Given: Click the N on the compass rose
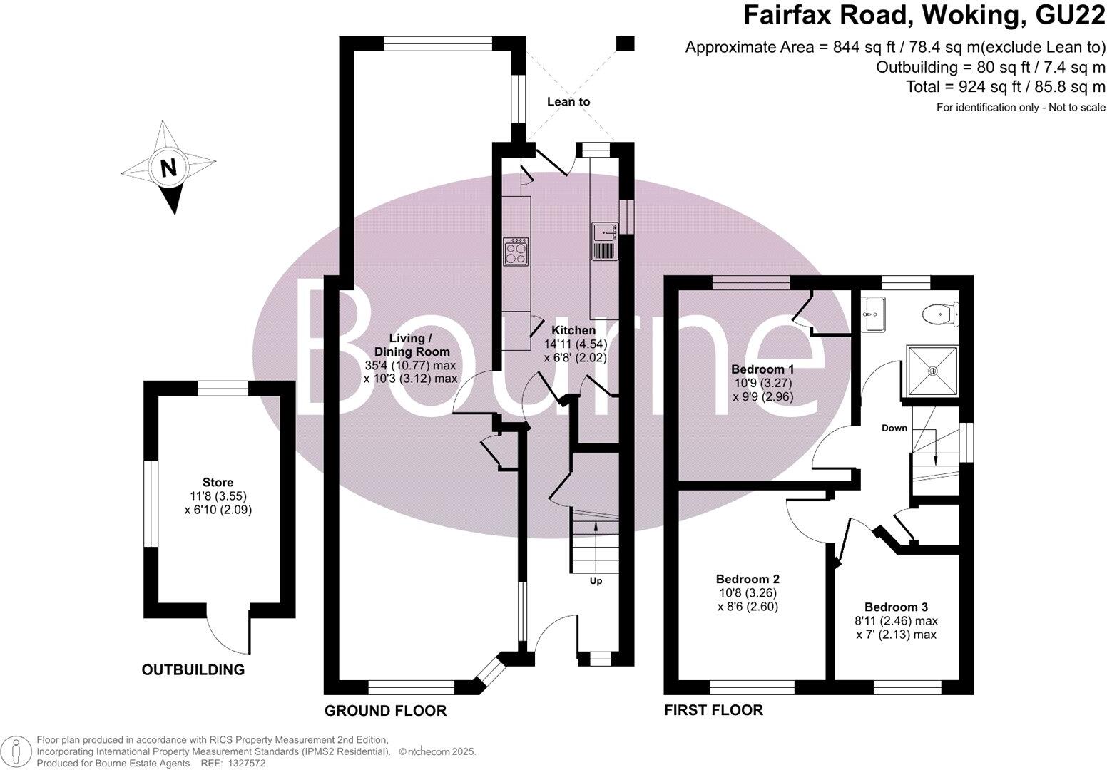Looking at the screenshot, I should click(x=168, y=168).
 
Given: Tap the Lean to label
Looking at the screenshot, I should click(x=568, y=101).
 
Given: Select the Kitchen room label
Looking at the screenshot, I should click(x=574, y=330).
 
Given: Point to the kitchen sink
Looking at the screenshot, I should click(x=604, y=232).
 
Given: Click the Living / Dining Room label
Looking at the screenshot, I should click(x=410, y=344).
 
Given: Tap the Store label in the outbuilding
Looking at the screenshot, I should click(x=218, y=483).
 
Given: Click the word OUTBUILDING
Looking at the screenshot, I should click(x=193, y=669).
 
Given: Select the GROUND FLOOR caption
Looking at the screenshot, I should click(x=385, y=711).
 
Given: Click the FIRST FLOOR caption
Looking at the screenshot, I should click(x=713, y=710).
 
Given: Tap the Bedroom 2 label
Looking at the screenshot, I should click(x=747, y=579).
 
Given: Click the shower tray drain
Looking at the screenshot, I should click(x=933, y=370).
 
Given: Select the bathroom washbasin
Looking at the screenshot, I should click(x=872, y=314).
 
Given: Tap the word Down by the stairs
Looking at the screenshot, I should click(x=894, y=428).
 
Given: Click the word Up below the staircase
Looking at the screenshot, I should click(x=596, y=581).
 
